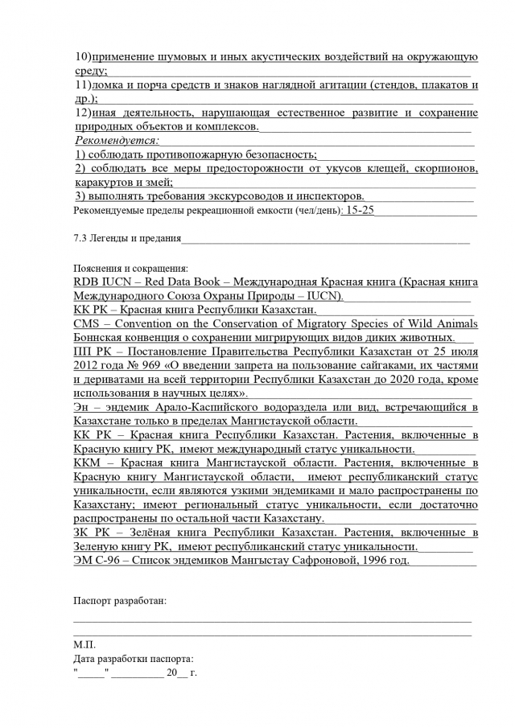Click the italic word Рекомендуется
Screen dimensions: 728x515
[x=116, y=141]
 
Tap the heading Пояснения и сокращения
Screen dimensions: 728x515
[x=130, y=268]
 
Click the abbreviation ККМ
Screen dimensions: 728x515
[x=87, y=463]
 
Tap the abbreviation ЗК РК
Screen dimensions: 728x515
[x=91, y=533]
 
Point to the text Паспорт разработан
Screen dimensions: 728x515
[x=120, y=600]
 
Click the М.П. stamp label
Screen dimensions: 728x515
[x=84, y=644]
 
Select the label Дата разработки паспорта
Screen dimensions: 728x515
[x=133, y=657]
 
